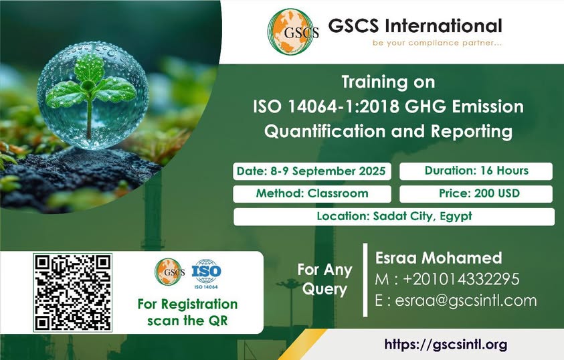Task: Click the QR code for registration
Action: click(73, 292)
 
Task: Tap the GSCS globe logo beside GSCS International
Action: click(293, 31)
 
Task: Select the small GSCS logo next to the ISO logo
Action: click(170, 272)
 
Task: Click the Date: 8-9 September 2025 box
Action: click(312, 171)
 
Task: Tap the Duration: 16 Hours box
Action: click(476, 171)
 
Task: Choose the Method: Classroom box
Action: click(312, 194)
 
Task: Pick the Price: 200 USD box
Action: click(476, 194)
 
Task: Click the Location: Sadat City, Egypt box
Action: click(394, 217)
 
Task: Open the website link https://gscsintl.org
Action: click(446, 345)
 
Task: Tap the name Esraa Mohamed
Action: click(438, 258)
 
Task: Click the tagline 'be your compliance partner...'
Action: click(437, 43)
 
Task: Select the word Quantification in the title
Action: click(324, 131)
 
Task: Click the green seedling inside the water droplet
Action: click(89, 92)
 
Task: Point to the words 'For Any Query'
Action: click(324, 279)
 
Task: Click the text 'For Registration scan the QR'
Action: click(187, 312)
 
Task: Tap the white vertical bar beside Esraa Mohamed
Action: click(365, 280)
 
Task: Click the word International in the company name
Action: click(443, 26)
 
